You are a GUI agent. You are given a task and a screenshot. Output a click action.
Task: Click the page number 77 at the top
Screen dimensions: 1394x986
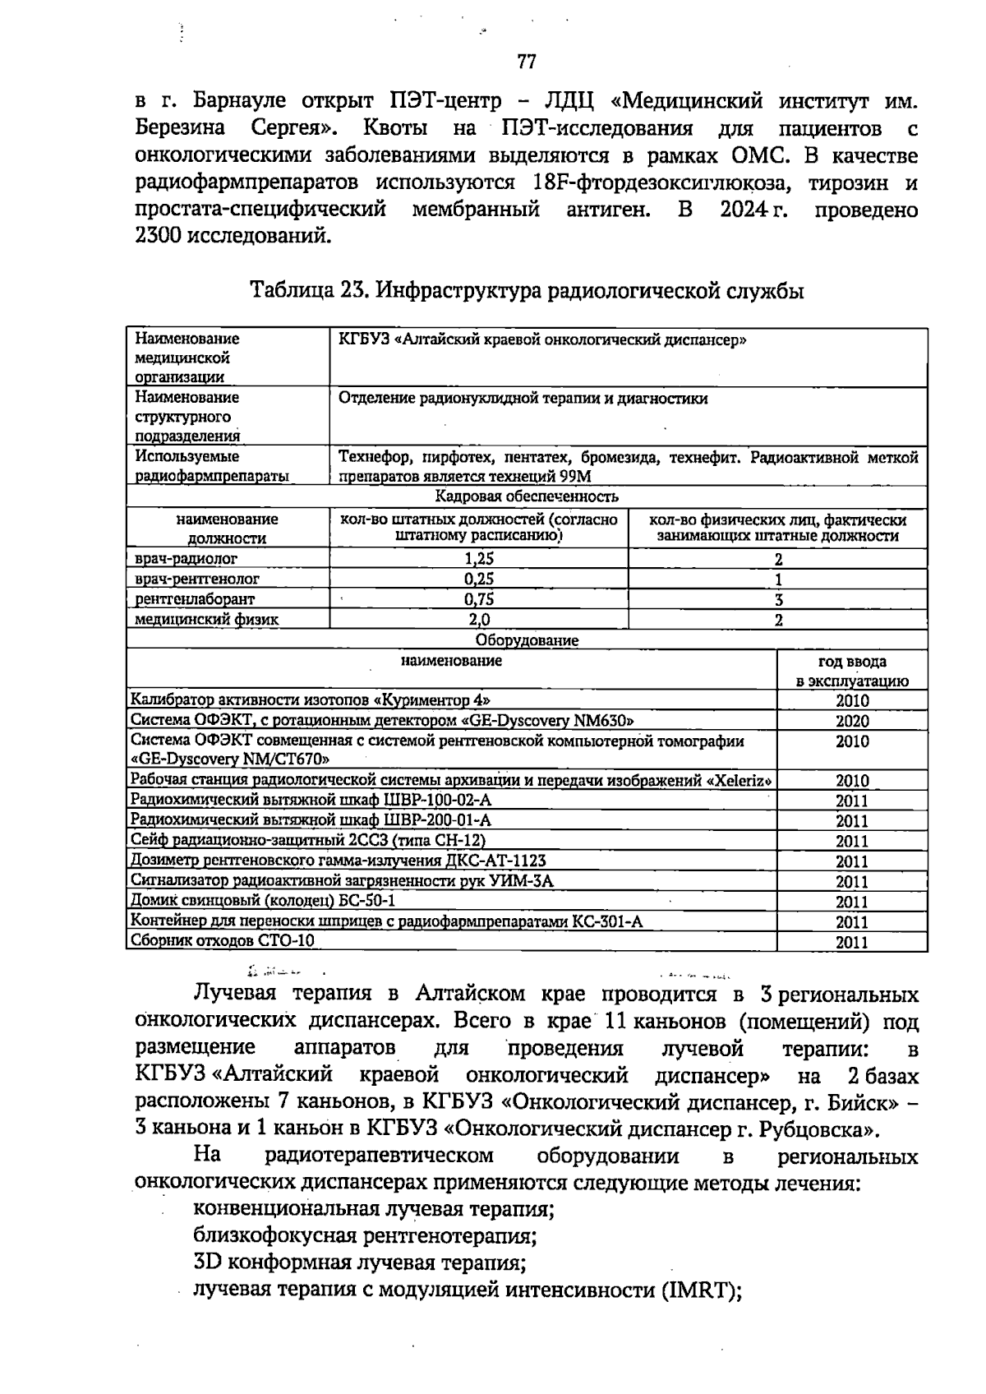pos(527,62)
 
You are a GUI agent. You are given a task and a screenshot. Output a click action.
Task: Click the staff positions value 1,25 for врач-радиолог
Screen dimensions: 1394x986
pos(479,559)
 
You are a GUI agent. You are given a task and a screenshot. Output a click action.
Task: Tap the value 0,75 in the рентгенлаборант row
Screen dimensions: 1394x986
pos(479,599)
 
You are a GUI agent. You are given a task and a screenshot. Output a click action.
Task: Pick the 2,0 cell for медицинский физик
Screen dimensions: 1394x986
pos(479,620)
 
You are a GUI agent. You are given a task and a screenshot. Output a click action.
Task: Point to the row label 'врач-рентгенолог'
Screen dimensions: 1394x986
pos(197,579)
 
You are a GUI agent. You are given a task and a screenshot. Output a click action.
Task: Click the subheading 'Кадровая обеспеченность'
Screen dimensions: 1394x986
pos(527,496)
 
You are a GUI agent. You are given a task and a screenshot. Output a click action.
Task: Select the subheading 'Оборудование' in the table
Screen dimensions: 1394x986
pos(527,640)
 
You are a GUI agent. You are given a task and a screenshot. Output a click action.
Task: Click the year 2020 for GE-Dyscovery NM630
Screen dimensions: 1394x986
pos(852,721)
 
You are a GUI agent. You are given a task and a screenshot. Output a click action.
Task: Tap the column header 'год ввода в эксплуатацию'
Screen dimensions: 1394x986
pos(852,671)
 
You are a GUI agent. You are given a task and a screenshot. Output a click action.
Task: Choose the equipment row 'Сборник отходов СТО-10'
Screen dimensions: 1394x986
pos(223,940)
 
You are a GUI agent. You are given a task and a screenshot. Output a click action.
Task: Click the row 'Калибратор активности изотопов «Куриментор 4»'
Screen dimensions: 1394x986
pos(311,700)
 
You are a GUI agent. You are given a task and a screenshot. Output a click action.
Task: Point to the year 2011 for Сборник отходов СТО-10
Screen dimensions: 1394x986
pos(852,942)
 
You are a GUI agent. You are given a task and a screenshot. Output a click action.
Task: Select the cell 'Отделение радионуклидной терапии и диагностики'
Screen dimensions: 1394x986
pos(523,399)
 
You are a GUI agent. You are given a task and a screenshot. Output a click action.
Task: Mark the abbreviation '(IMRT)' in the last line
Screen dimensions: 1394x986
pos(701,1289)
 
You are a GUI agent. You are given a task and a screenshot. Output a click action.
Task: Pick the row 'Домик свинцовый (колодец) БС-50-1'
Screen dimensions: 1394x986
pos(263,900)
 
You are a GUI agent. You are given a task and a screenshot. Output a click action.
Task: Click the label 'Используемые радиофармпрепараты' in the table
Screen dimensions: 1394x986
pos(212,466)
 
